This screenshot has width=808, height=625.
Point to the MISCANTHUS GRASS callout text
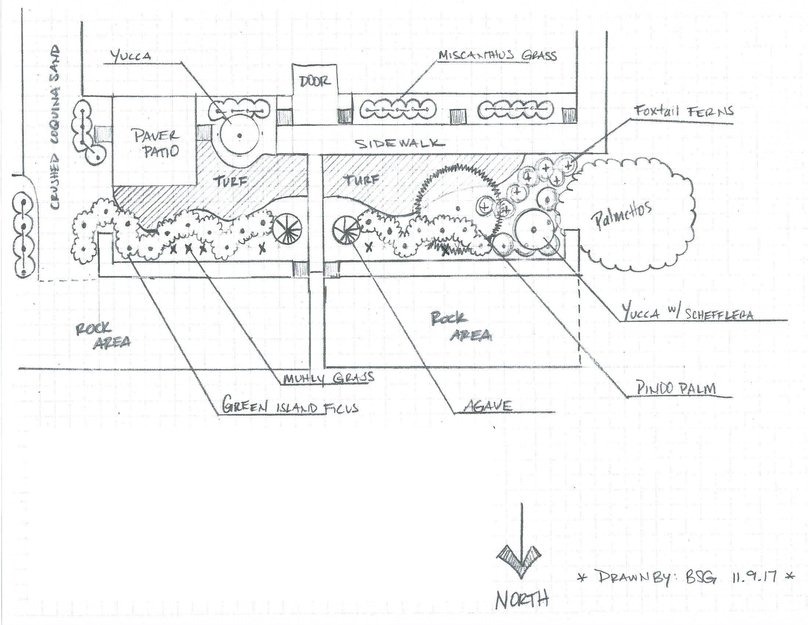click(x=497, y=56)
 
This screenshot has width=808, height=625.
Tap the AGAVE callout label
click(x=488, y=406)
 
